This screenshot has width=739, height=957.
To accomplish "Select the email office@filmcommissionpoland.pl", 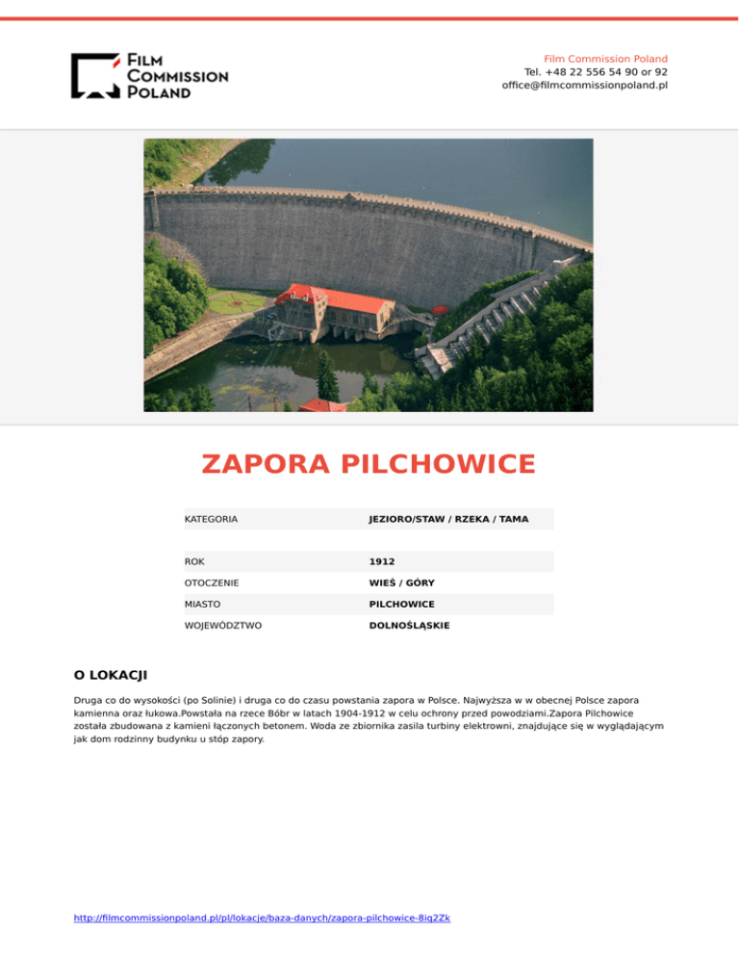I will (584, 85).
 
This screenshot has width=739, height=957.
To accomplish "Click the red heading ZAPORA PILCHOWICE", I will (369, 464).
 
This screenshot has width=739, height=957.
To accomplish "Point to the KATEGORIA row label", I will (211, 519).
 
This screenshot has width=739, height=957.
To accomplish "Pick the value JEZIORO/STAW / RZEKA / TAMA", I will (448, 519).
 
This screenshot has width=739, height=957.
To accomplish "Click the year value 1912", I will (382, 561).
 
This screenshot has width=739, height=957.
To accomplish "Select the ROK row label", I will (194, 561).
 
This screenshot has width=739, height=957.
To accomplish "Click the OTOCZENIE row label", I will (212, 582).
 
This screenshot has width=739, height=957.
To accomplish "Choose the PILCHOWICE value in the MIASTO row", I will (401, 604).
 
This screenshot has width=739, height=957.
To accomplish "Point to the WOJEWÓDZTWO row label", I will (223, 625).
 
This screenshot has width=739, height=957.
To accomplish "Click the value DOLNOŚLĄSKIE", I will (409, 625).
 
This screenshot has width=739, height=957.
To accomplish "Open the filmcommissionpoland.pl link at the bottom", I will (262, 918).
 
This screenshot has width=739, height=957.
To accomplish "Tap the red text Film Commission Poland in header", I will (605, 59).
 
